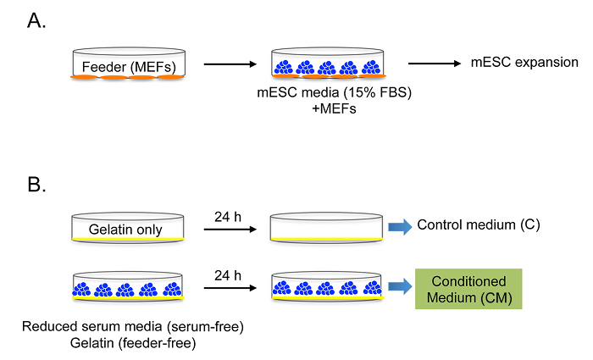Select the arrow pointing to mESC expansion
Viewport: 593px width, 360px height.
(435, 63)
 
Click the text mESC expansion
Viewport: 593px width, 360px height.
(525, 63)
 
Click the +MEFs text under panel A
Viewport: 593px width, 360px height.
(328, 110)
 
